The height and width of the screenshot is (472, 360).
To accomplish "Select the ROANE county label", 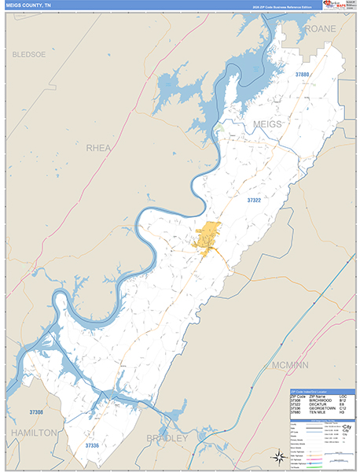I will [321, 28].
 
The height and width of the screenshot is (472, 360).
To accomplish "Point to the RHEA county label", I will [98, 147].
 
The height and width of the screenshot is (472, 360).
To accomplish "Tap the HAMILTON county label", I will [32, 433].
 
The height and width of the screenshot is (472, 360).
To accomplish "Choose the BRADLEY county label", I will [167, 437].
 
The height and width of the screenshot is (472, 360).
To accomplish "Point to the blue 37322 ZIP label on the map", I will [258, 201].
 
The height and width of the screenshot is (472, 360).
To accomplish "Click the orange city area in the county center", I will [208, 236].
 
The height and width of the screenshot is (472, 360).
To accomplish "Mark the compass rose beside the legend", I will [280, 455].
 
